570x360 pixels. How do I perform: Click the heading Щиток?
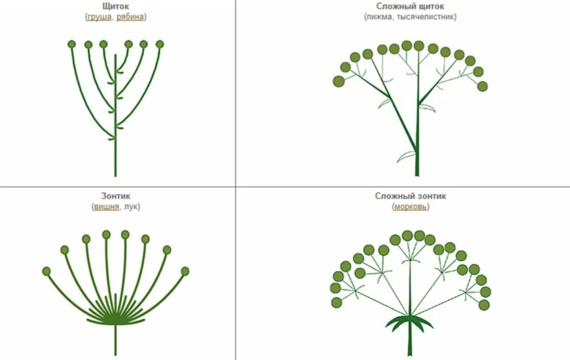click(x=115, y=6)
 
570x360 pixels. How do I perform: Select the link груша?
click(x=99, y=17)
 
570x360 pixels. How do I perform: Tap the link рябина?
click(x=130, y=17)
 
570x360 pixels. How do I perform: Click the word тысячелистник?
click(x=425, y=17)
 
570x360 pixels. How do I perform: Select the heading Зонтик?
click(x=115, y=196)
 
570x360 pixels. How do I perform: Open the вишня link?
click(x=106, y=207)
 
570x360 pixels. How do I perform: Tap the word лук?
click(x=131, y=207)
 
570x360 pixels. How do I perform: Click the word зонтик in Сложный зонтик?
click(x=428, y=196)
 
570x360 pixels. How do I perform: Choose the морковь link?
click(x=411, y=207)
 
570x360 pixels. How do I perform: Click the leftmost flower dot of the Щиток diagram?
click(x=72, y=45)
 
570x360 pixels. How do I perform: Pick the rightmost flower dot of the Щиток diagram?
click(x=159, y=45)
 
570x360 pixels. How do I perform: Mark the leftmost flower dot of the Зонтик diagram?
click(x=46, y=271)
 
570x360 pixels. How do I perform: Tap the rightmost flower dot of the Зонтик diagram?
click(x=185, y=271)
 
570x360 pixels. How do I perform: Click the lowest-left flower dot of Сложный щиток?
click(x=338, y=81)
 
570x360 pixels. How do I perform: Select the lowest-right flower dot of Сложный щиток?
click(x=482, y=86)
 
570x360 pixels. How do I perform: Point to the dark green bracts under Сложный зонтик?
click(x=409, y=322)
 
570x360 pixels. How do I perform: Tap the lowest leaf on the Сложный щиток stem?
click(x=406, y=156)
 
